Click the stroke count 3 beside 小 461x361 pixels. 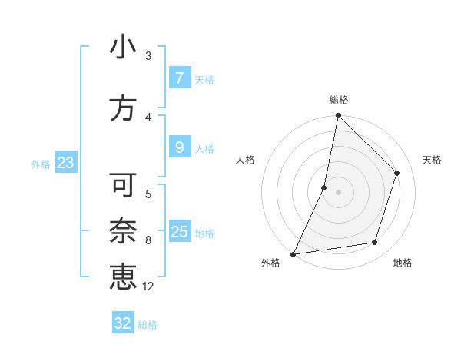click(148, 55)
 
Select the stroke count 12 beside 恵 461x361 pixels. click(148, 286)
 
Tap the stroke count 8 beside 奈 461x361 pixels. click(148, 240)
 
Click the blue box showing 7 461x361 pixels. click(179, 78)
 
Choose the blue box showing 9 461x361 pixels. click(179, 147)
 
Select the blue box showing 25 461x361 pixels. click(179, 231)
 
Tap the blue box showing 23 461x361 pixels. click(65, 162)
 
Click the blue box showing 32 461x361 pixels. click(123, 323)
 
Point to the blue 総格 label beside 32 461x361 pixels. click(148, 325)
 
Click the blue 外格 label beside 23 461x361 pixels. click(41, 164)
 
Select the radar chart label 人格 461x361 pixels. click(246, 160)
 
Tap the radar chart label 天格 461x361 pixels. click(433, 160)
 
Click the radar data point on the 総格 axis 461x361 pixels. click(338, 116)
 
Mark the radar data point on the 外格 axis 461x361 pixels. click(293, 253)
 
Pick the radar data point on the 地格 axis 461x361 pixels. click(375, 243)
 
